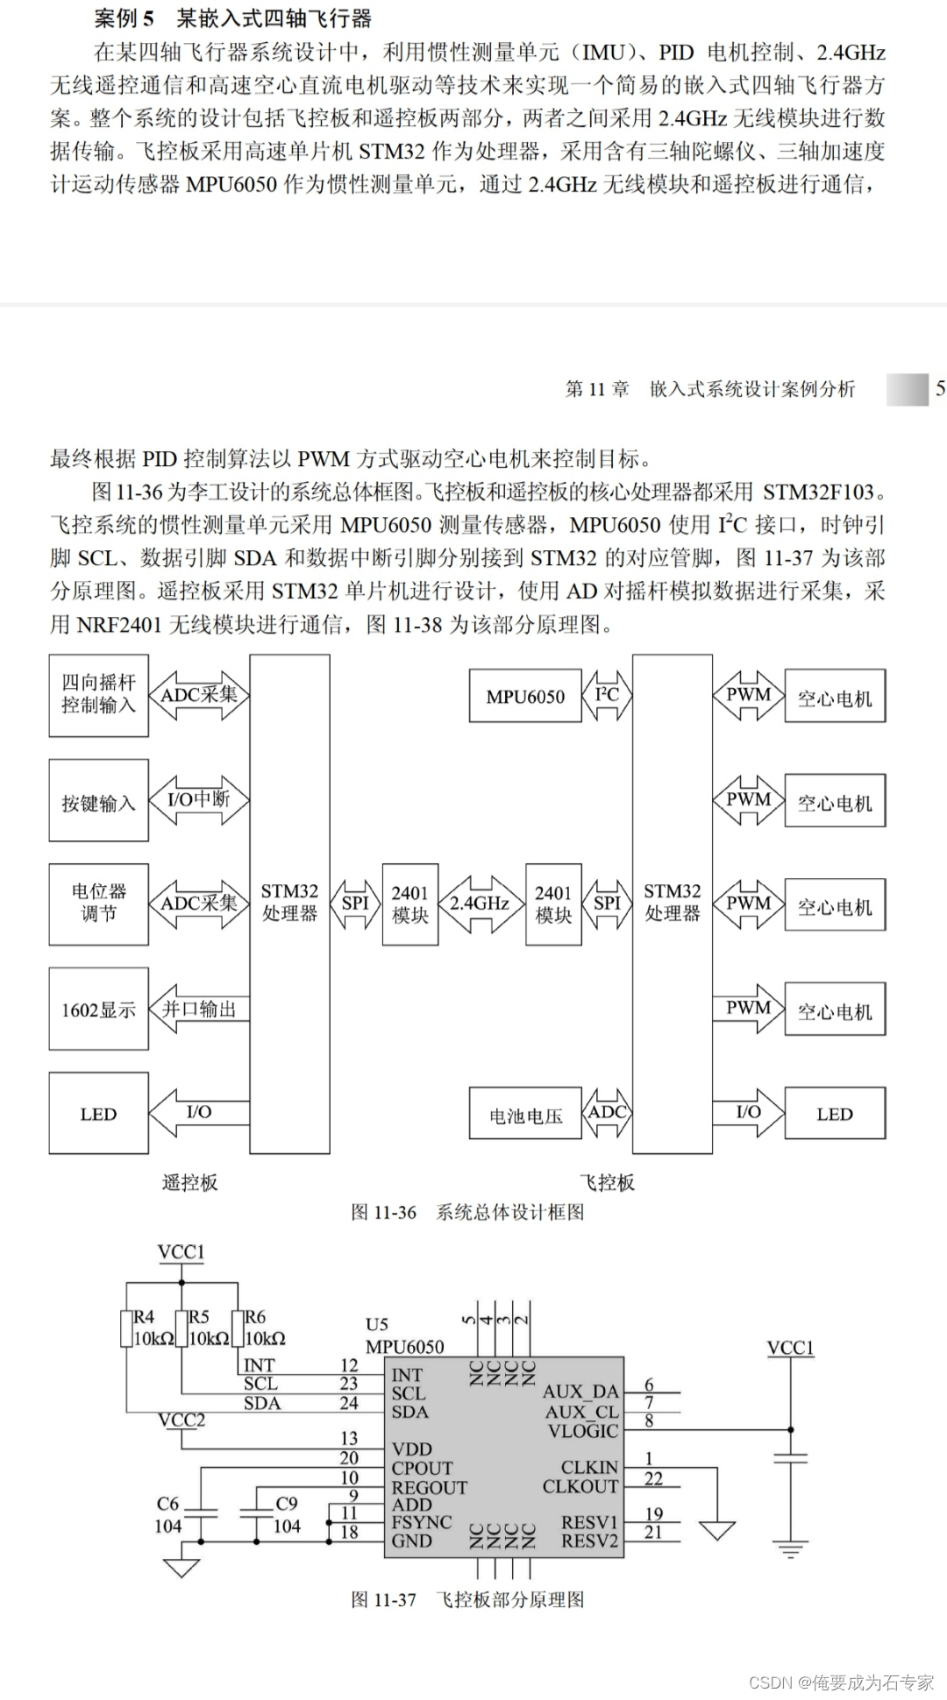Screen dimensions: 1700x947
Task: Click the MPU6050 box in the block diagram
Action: pyautogui.click(x=525, y=697)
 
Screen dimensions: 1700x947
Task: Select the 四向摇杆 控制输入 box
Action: pyautogui.click(x=98, y=695)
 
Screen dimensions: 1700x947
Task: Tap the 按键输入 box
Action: pyautogui.click(x=98, y=802)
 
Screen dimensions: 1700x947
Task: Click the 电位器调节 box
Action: pyautogui.click(x=98, y=903)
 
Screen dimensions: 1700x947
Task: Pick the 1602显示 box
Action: pyautogui.click(x=98, y=1009)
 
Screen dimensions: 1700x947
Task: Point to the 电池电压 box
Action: pyautogui.click(x=525, y=1116)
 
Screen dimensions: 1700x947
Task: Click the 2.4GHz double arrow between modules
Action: pyautogui.click(x=481, y=903)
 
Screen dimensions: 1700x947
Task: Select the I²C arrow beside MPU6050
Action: pyautogui.click(x=607, y=696)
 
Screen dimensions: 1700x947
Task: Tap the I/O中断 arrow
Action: pyautogui.click(x=199, y=800)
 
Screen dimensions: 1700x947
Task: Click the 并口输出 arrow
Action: pyautogui.click(x=199, y=1009)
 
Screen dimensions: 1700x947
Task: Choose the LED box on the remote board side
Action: pyautogui.click(x=98, y=1114)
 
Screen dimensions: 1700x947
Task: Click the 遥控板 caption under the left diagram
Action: pyautogui.click(x=189, y=1183)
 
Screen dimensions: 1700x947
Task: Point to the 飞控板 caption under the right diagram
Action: pyautogui.click(x=607, y=1183)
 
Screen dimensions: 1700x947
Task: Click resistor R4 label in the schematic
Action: pyautogui.click(x=143, y=1317)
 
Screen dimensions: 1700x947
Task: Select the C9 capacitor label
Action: pyautogui.click(x=287, y=1503)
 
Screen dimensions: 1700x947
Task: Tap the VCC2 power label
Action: pyautogui.click(x=182, y=1420)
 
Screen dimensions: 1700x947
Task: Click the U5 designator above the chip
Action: pyautogui.click(x=376, y=1324)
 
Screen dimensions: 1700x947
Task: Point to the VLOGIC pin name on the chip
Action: pyautogui.click(x=583, y=1431)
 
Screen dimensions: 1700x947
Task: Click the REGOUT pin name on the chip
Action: pyautogui.click(x=429, y=1487)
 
